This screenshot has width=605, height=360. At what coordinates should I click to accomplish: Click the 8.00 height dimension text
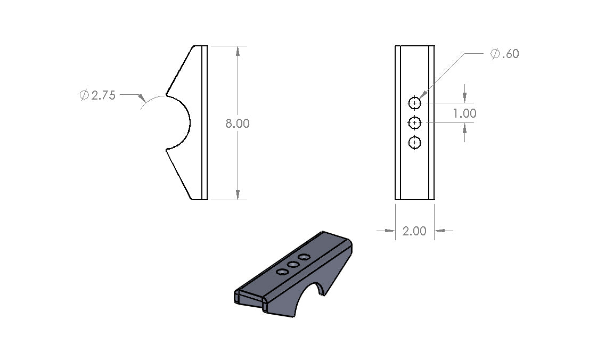coord(237,123)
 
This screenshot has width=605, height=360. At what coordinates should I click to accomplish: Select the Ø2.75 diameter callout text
coord(97,96)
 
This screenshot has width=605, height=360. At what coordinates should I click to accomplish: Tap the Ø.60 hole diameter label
coord(504,54)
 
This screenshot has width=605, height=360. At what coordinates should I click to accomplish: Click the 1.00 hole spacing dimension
coord(464,113)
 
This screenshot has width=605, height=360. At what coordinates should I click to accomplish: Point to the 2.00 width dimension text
coord(414,231)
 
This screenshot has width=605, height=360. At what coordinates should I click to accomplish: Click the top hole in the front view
coord(414,102)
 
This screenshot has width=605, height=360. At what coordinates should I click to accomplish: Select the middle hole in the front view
coord(414,122)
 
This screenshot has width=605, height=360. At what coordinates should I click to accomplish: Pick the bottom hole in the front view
coord(414,143)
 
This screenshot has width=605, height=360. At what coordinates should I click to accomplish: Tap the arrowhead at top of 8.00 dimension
coord(238,51)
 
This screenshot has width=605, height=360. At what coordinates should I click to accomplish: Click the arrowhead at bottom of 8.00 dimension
coord(238,195)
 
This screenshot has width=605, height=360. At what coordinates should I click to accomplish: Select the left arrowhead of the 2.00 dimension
coord(390,231)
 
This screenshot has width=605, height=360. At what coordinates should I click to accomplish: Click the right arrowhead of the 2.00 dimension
coord(439,231)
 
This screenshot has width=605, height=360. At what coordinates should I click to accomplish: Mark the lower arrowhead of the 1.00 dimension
coord(465,128)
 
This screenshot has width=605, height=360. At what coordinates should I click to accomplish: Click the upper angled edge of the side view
coord(179,70)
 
